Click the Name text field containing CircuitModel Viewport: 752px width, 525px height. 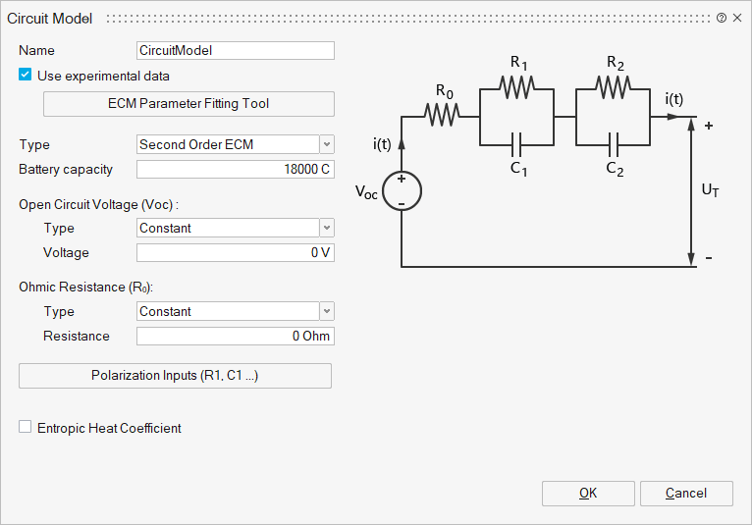click(x=236, y=50)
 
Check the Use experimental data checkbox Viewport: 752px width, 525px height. click(x=26, y=76)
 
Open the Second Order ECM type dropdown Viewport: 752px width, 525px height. click(x=236, y=144)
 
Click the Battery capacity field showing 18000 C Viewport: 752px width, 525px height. click(x=236, y=170)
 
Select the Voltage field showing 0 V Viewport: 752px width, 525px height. click(x=236, y=253)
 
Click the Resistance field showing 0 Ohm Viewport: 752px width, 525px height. click(x=236, y=337)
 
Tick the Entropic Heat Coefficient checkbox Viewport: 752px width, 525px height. click(x=26, y=428)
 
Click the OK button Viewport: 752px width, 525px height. click(x=588, y=494)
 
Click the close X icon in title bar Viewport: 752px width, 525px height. click(x=737, y=19)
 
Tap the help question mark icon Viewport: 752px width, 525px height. click(x=722, y=19)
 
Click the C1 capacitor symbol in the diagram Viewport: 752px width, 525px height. click(x=517, y=145)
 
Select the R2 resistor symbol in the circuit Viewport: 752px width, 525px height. click(x=614, y=87)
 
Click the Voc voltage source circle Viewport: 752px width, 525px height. click(x=402, y=191)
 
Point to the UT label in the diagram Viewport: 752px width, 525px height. click(x=710, y=191)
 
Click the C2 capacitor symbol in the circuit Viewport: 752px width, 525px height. click(x=614, y=145)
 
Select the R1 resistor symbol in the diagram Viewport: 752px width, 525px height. click(x=517, y=87)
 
